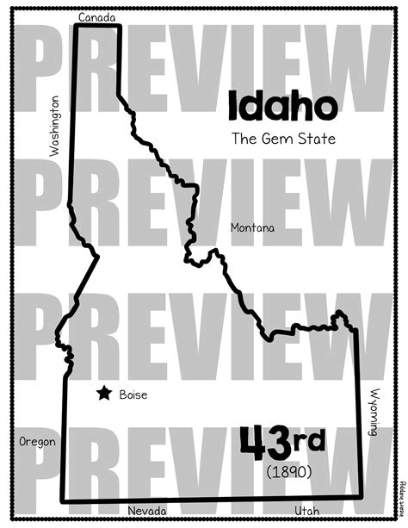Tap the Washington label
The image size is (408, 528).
[56, 126]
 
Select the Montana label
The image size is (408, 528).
[253, 227]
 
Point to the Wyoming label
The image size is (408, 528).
[374, 412]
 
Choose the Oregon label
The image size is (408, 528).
[37, 442]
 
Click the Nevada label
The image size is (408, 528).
[147, 512]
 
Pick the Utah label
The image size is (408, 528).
[306, 512]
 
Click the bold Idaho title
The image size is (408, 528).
[281, 105]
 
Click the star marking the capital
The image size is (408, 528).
[104, 394]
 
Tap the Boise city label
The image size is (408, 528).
[133, 394]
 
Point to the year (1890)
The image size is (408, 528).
[288, 471]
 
